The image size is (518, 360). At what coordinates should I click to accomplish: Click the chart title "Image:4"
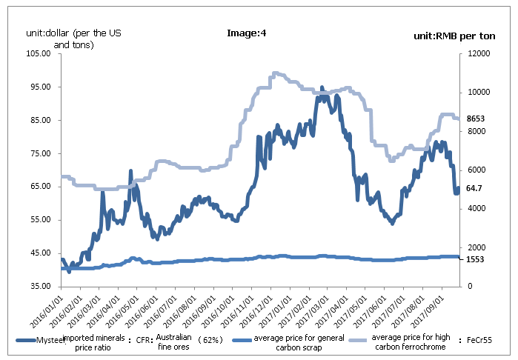[x=245, y=33]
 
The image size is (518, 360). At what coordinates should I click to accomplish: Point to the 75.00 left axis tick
[x=38, y=153]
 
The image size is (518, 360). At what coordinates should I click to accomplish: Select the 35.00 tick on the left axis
[x=38, y=286]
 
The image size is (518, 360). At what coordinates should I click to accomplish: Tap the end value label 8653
[x=475, y=119]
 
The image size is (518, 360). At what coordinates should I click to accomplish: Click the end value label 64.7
[x=474, y=189]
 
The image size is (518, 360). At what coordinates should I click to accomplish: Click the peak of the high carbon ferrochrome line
[x=275, y=73]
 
